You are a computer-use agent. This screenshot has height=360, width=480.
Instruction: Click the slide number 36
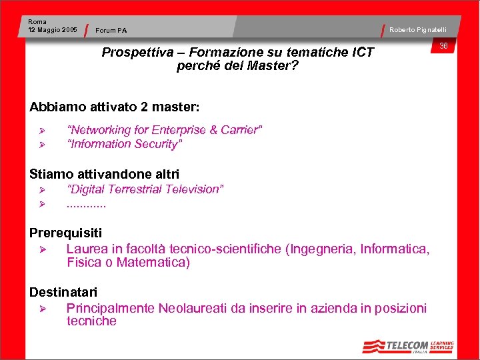tap(443, 45)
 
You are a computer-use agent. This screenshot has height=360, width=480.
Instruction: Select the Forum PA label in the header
tap(111, 30)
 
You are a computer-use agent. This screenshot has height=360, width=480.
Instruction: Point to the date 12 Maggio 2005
tap(53, 30)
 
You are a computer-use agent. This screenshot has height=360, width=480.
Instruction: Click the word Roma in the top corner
tap(37, 22)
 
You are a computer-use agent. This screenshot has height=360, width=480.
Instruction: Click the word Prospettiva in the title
tap(137, 53)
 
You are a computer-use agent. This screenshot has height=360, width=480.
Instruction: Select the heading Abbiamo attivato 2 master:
tap(115, 107)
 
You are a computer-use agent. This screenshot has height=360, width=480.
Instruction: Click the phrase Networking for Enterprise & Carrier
tap(165, 130)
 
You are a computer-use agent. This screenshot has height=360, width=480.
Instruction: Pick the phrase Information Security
tap(125, 144)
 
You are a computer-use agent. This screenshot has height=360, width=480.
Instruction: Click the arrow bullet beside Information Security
tap(41, 145)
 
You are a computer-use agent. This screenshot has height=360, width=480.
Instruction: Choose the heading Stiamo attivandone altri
tap(105, 175)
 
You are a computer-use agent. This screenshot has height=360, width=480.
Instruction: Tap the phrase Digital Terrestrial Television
tap(145, 189)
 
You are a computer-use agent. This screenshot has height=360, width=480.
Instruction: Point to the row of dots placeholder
tap(86, 203)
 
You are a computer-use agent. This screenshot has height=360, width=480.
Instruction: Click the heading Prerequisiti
tap(66, 233)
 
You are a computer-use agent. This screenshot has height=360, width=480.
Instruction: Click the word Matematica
tap(153, 262)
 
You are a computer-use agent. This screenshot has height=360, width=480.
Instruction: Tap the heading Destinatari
tap(63, 292)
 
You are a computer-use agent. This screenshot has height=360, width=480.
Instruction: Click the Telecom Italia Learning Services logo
tap(408, 346)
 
